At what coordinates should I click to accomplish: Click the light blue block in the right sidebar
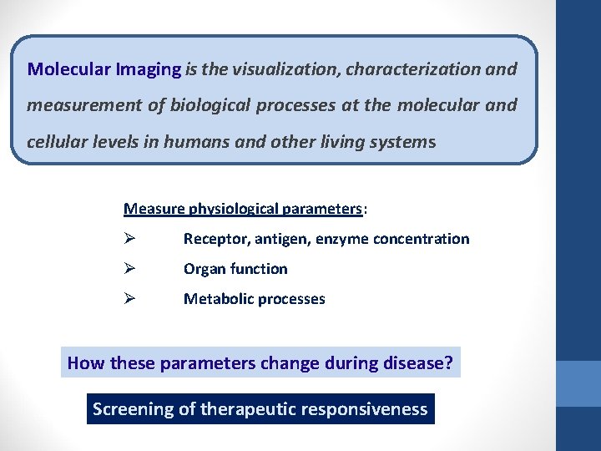click(x=578, y=383)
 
